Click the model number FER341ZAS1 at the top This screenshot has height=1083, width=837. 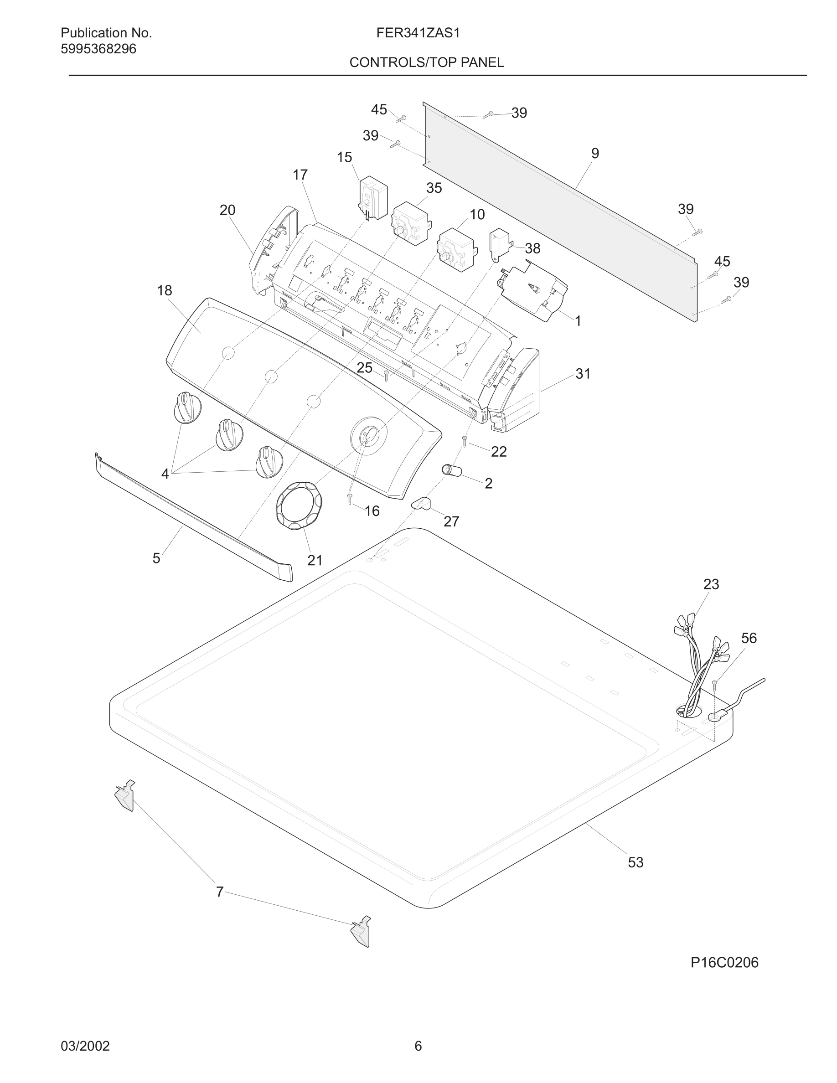pyautogui.click(x=418, y=33)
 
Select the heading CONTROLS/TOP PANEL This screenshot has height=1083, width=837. pyautogui.click(x=426, y=62)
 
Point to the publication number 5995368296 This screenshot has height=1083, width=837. pyautogui.click(x=98, y=49)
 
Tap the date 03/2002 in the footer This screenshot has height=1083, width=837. pyautogui.click(x=85, y=1046)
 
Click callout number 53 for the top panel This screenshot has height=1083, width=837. pyautogui.click(x=635, y=862)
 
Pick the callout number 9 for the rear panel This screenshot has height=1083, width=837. pyautogui.click(x=595, y=153)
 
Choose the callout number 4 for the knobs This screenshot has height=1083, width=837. pyautogui.click(x=165, y=474)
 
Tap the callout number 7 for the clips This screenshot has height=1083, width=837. pyautogui.click(x=220, y=892)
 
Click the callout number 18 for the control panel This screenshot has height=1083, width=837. pyautogui.click(x=165, y=291)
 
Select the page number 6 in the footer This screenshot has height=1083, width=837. pyautogui.click(x=418, y=1046)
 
